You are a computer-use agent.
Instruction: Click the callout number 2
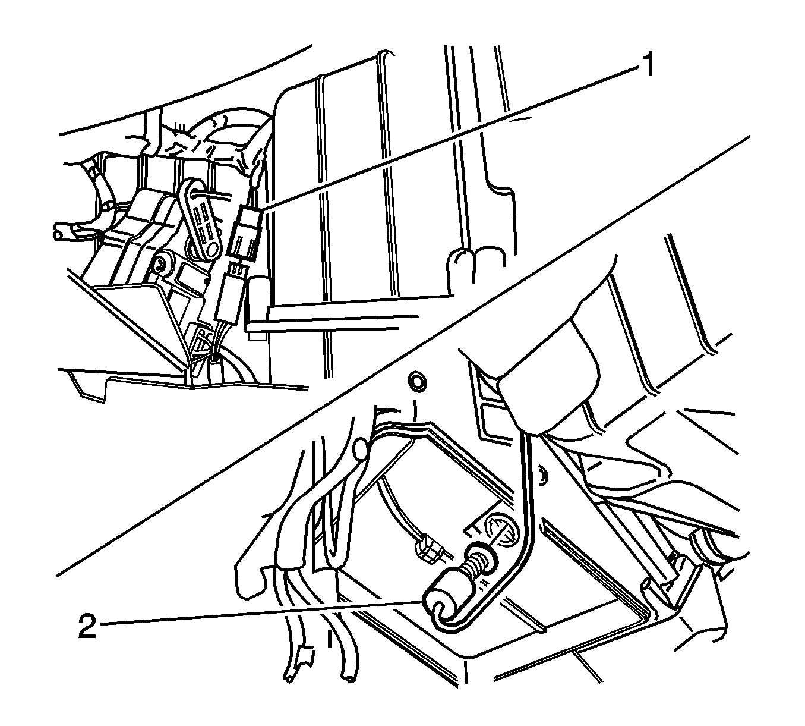[x=87, y=627]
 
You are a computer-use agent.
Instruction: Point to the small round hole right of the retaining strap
[x=542, y=457]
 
